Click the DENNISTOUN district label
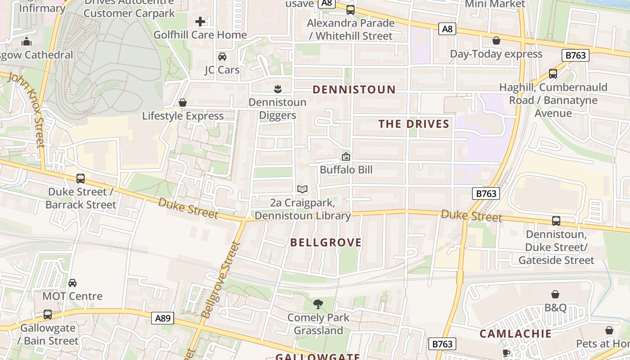354,90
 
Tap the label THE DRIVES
414,124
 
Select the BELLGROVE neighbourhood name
326,243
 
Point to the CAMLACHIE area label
515,333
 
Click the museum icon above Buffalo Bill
346,157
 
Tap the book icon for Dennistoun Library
302,189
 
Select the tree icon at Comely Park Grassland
318,304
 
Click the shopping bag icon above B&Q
555,294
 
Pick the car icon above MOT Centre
72,283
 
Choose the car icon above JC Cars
222,57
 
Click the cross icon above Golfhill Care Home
200,22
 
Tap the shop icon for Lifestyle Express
183,103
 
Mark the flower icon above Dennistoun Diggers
278,89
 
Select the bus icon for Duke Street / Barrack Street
81,179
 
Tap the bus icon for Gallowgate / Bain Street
48,315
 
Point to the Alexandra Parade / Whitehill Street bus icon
350,9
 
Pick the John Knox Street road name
27,110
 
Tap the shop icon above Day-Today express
496,40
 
